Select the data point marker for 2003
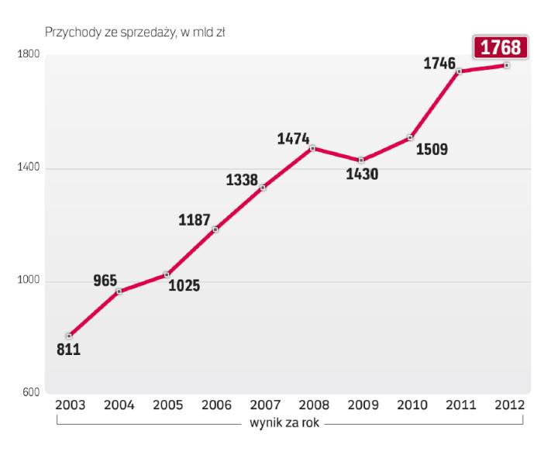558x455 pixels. pos(69,336)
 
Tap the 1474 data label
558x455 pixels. pos(293,140)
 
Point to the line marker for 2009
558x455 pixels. pos(360,160)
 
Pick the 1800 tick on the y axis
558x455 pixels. pos(29,55)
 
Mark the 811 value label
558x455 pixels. pos(68,350)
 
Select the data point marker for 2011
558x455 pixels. pos(459,71)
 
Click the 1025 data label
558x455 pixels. pos(184,285)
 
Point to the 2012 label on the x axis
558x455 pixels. pos(507,405)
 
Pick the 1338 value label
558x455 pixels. pos(242,181)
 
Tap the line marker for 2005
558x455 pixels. pos(167,274)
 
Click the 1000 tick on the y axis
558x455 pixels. pos(29,282)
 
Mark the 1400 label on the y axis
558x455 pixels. pos(29,169)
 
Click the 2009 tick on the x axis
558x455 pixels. pos(361,405)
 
